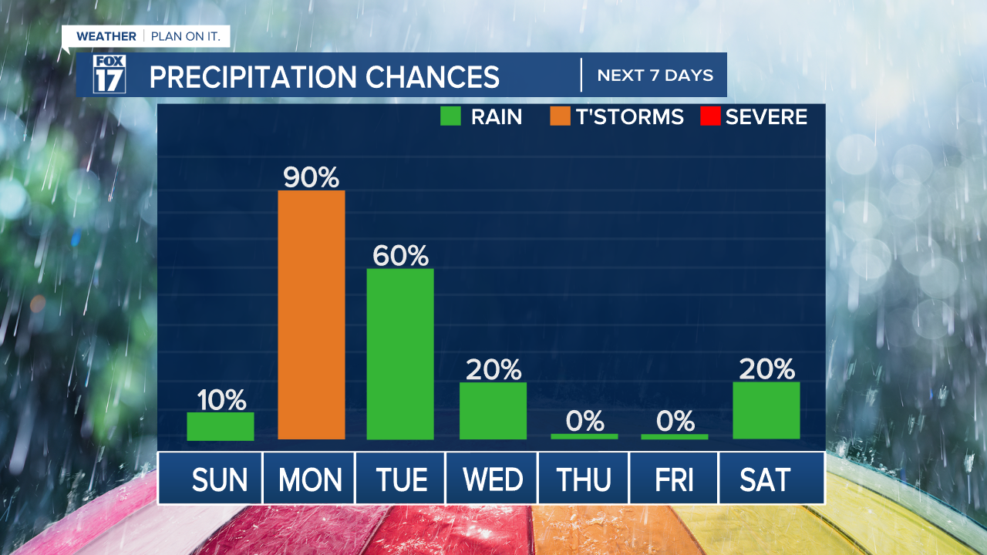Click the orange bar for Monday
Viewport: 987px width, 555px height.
click(311, 314)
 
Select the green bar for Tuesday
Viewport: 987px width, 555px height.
click(400, 354)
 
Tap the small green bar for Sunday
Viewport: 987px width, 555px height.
click(221, 426)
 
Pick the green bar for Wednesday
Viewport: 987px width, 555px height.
click(493, 410)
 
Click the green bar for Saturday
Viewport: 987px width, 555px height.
click(766, 410)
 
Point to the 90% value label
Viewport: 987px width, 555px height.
click(311, 178)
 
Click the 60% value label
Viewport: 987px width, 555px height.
click(400, 256)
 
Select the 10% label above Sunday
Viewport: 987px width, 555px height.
click(221, 400)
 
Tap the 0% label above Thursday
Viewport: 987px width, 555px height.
click(584, 421)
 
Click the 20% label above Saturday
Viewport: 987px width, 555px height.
click(766, 370)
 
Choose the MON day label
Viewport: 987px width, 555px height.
click(310, 480)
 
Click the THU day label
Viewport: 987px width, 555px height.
click(584, 480)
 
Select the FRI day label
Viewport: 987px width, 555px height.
click(674, 480)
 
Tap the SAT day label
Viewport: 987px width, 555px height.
click(765, 480)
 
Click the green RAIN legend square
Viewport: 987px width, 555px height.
click(450, 116)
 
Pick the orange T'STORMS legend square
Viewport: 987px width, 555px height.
click(560, 116)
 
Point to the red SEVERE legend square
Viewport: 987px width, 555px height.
click(709, 116)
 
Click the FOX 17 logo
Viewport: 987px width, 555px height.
click(109, 75)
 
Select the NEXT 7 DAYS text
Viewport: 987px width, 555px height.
click(655, 76)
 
